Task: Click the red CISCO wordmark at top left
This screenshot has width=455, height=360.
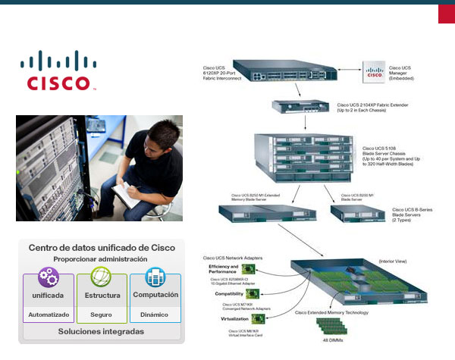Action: pos(59,82)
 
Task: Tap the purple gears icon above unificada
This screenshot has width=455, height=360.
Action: pos(48,277)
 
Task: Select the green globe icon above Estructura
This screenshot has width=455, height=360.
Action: pos(102,277)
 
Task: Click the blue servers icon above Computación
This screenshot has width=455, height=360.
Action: pos(155,277)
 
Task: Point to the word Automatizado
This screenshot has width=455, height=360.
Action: pos(49,314)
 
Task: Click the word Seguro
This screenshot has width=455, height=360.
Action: pos(102,314)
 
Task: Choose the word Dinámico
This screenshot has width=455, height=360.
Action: pos(155,314)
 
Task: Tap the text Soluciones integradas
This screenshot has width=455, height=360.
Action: pos(102,332)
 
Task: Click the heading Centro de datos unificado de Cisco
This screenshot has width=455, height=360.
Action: pos(102,248)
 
